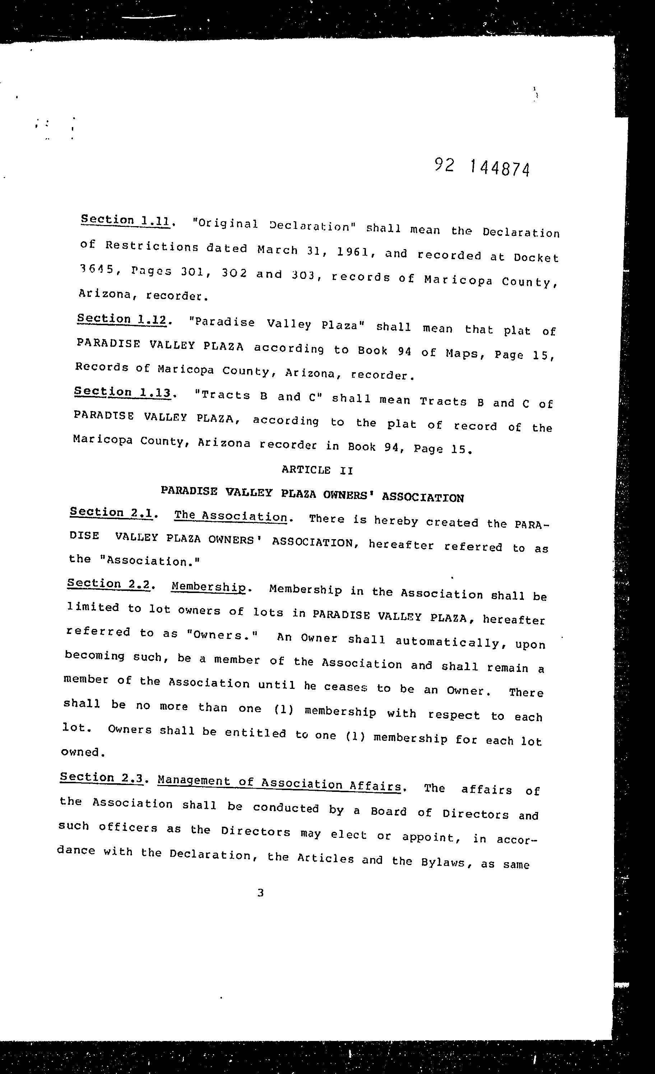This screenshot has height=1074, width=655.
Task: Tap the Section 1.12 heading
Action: [x=122, y=319]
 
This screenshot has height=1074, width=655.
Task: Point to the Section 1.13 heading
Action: [x=122, y=392]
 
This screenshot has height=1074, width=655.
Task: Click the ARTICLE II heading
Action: [x=317, y=470]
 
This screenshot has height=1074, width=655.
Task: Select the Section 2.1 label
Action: [x=111, y=513]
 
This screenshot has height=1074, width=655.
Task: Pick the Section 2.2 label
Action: [x=110, y=584]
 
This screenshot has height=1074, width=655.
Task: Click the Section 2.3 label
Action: [x=102, y=778]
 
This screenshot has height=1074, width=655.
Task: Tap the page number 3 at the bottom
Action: [x=260, y=893]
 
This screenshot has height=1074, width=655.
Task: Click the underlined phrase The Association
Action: [x=231, y=516]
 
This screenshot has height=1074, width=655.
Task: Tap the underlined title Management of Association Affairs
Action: [x=279, y=783]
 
